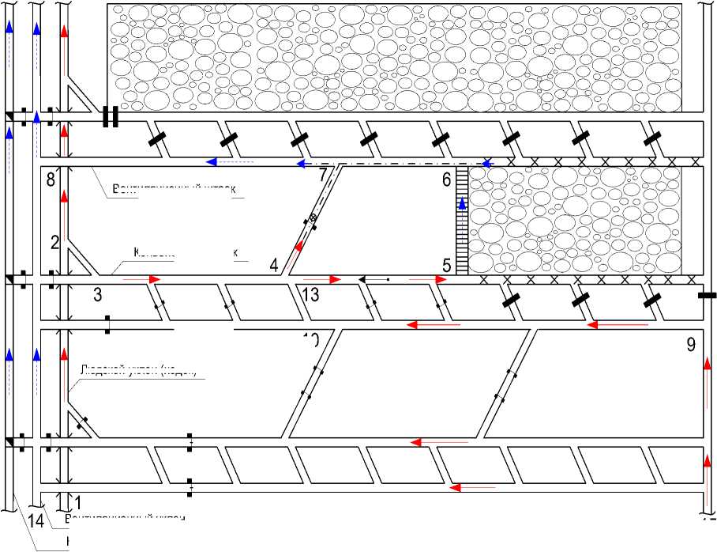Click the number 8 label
point(51,180)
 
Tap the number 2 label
point(55,243)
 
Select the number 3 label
point(97,295)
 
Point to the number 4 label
point(273,265)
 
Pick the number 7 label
point(323,175)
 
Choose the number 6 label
point(446,180)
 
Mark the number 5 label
point(446,266)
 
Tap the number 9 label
point(691,344)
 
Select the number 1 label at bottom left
point(77,501)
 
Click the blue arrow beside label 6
point(463,204)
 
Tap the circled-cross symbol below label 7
point(312,217)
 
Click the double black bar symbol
point(111,117)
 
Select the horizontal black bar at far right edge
point(708,296)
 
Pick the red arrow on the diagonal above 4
point(298,248)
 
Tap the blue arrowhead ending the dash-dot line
point(487,163)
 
